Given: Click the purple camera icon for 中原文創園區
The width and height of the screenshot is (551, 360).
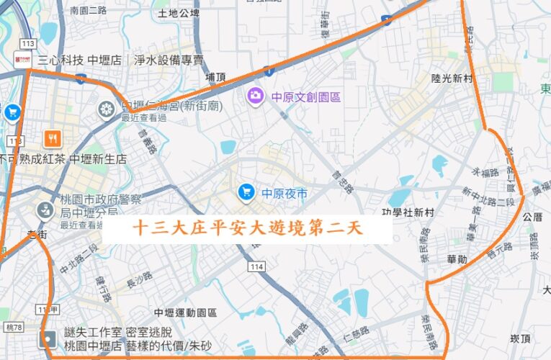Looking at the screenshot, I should [x=255, y=95].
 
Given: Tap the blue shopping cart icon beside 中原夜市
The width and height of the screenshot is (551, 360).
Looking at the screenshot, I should [x=246, y=192].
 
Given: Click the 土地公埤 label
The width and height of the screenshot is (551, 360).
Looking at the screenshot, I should [x=178, y=13].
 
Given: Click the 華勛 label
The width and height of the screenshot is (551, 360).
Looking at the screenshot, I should [x=457, y=258].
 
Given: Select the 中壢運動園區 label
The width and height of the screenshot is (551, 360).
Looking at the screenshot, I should [x=185, y=312].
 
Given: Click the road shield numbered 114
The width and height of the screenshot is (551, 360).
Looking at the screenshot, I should [x=256, y=267].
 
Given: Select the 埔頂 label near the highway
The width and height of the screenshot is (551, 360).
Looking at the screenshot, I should [x=215, y=76].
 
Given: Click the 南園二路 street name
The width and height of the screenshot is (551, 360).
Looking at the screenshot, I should [x=89, y=11].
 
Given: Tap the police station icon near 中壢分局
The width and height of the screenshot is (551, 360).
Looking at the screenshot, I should [x=45, y=210].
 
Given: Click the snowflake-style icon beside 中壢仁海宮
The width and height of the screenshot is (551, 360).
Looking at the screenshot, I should [x=107, y=109].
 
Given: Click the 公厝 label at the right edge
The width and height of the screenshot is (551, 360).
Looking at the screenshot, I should [x=533, y=216].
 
